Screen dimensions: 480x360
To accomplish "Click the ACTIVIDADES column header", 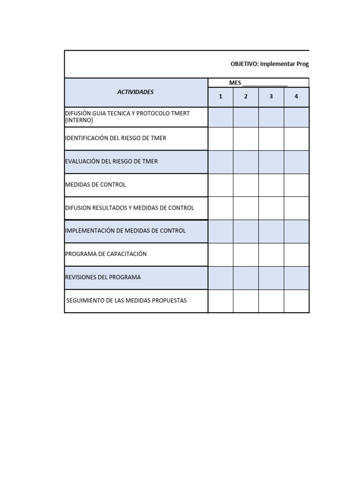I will [135, 92].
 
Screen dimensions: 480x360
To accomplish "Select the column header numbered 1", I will [220, 97].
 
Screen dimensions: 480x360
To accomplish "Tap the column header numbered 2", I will [246, 97].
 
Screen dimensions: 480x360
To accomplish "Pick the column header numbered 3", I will [271, 97].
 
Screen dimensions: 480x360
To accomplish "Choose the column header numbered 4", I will [296, 97].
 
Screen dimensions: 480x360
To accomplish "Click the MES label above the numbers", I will [235, 83].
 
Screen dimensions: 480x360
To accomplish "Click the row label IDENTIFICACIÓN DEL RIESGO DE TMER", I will [115, 138].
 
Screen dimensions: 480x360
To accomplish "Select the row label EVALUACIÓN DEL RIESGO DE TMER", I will [112, 161].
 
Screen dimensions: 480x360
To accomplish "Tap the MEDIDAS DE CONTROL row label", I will [96, 185].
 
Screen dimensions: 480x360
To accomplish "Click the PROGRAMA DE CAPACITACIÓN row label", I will [106, 254].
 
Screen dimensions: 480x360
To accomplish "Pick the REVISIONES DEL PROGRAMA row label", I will [103, 277].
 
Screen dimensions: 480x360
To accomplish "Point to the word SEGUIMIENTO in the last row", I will [86, 300].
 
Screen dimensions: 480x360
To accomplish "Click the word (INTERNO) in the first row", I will [79, 120].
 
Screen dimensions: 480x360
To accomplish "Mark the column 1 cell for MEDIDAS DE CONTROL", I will [220, 185].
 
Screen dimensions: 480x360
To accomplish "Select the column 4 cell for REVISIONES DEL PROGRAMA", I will [296, 277].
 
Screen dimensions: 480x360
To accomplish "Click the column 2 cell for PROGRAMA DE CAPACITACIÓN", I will [246, 254].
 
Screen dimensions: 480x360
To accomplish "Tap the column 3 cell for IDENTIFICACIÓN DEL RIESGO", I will [271, 138].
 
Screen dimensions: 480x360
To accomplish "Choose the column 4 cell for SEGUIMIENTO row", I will [296, 300].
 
